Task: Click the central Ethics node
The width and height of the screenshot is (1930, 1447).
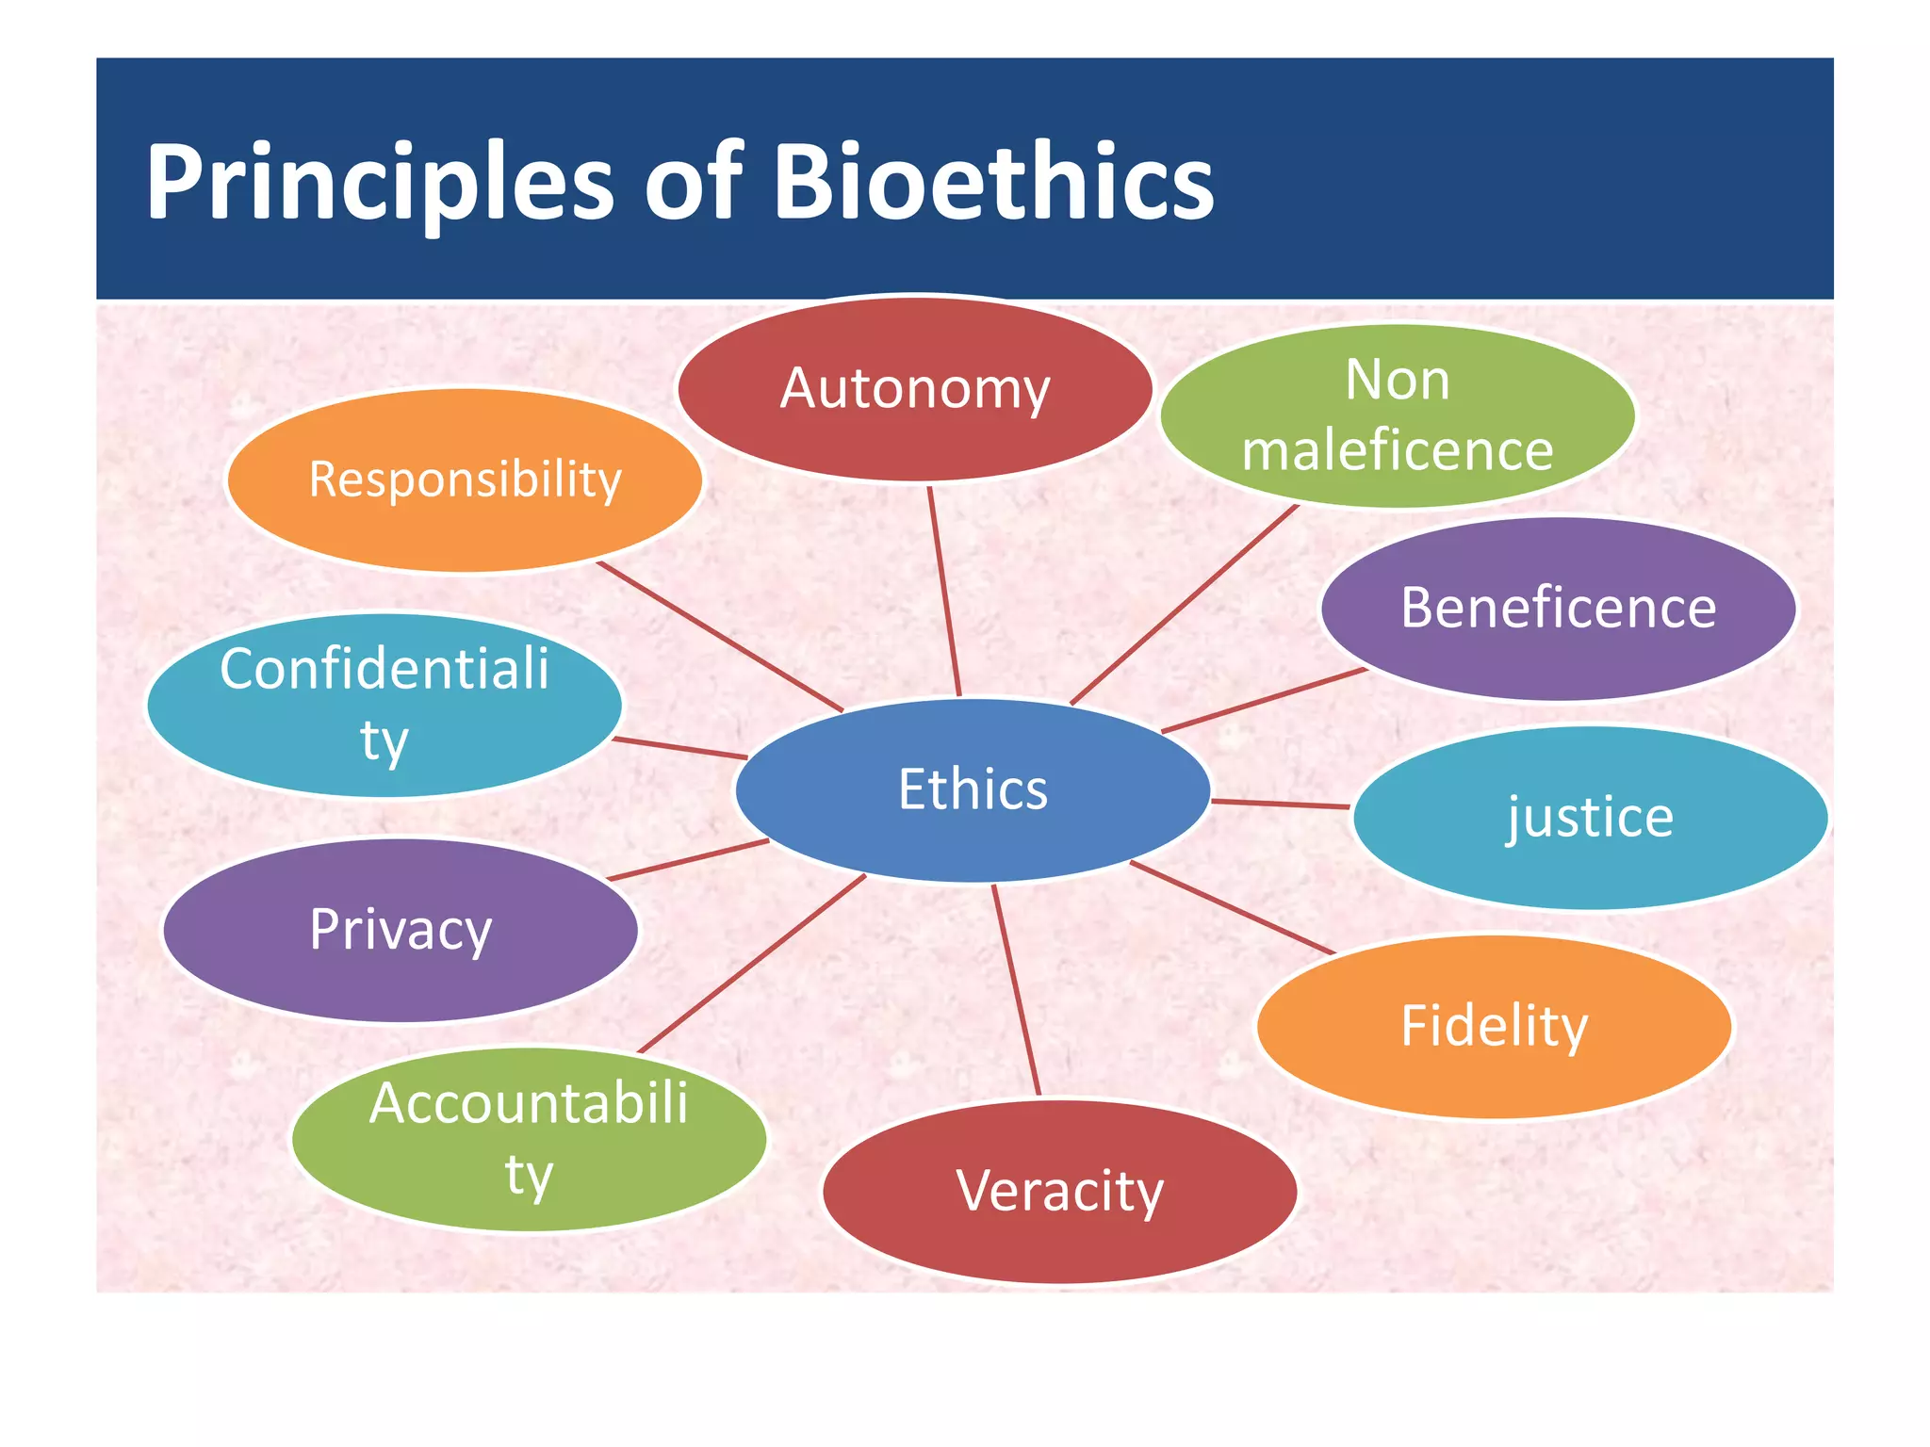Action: [973, 789]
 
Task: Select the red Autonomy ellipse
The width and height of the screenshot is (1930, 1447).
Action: [914, 388]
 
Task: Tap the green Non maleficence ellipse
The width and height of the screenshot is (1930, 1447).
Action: [1397, 415]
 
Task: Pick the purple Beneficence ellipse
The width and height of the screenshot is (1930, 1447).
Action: [1558, 609]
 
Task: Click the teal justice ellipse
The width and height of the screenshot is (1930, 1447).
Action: [1590, 817]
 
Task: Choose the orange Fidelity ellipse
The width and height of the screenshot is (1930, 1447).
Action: [1494, 1026]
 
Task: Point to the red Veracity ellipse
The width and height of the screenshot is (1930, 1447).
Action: [1059, 1191]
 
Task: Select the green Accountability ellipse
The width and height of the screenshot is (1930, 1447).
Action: [529, 1139]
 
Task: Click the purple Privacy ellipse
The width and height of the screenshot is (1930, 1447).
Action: [401, 930]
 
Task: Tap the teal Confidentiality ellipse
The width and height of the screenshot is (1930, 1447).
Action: [384, 705]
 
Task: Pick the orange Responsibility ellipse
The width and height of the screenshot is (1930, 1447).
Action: [465, 480]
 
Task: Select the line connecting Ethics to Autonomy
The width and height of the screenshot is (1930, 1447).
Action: [944, 592]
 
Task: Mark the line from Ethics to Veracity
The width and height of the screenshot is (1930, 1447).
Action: [1016, 989]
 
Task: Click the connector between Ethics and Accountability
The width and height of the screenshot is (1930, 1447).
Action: [752, 963]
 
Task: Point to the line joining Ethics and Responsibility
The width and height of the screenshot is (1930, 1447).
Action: [720, 637]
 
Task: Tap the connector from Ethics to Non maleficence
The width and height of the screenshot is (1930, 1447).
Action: [1185, 604]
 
